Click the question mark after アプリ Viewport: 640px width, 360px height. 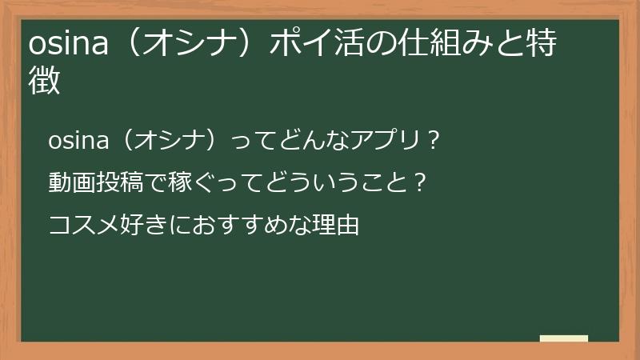[433, 142]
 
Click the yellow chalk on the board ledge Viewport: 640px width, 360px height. [563, 338]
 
